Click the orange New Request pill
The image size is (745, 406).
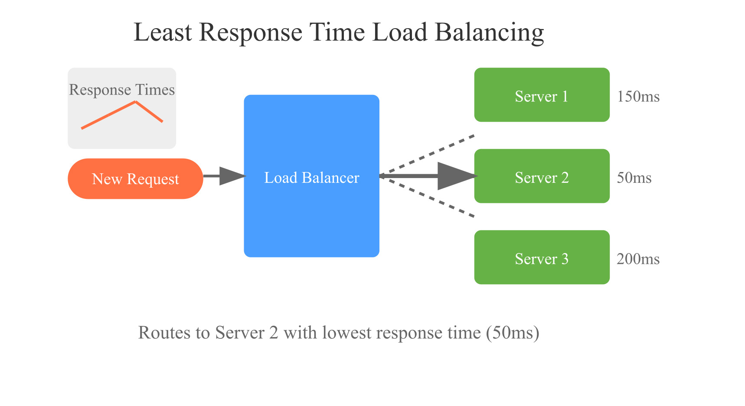[135, 179]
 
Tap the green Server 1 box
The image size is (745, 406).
[542, 95]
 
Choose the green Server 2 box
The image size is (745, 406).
[542, 176]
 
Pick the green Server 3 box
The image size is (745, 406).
[542, 257]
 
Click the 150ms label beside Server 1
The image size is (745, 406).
[638, 96]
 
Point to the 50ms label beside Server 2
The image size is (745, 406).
[634, 178]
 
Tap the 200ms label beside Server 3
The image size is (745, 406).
[638, 259]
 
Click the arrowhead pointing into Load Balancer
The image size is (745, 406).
[232, 176]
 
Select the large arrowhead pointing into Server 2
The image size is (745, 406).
[455, 176]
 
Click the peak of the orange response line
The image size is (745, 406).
[136, 102]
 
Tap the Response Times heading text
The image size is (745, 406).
[122, 90]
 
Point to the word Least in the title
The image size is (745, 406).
[163, 32]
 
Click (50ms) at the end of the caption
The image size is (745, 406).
[513, 333]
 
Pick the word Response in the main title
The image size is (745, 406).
[251, 32]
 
